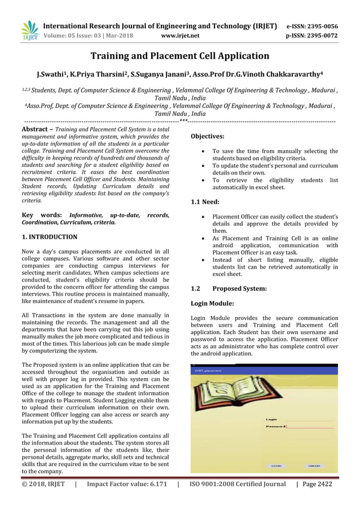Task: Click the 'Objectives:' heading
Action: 208,137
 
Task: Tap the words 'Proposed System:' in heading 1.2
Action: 239,288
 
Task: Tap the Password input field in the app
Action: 310,427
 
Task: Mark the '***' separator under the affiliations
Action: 183,121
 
